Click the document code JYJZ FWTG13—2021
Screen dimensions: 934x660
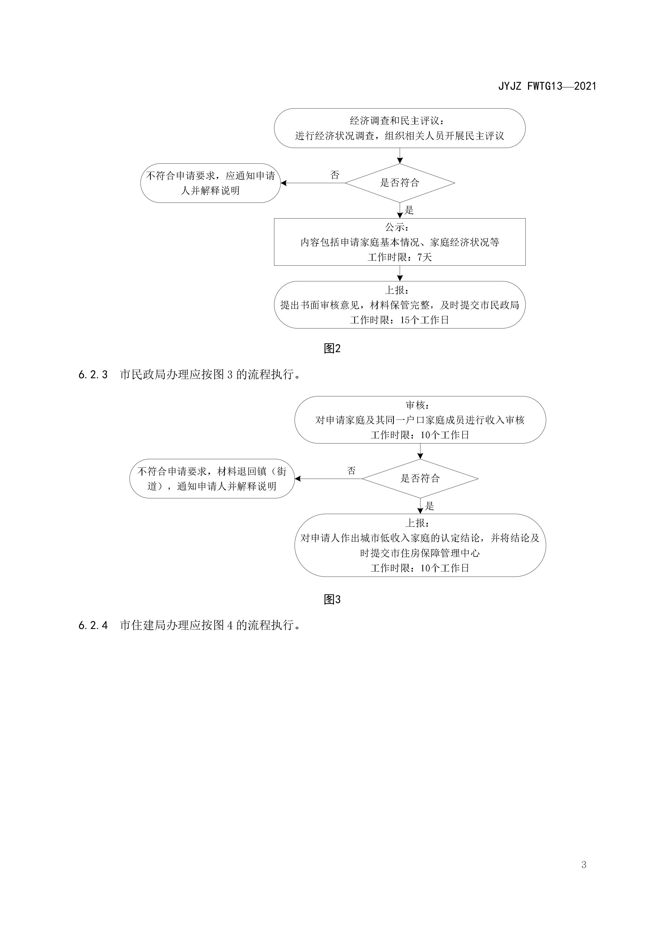547,86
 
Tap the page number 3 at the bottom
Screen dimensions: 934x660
584,865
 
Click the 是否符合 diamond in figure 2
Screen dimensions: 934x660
399,183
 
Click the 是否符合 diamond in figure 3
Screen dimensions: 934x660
420,478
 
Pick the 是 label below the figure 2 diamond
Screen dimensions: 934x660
409,210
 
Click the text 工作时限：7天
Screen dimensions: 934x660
399,257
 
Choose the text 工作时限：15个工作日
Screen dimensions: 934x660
399,320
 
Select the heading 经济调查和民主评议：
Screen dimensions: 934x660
397,121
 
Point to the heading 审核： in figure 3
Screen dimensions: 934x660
417,405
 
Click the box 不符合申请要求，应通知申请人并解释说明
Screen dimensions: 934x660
210,183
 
